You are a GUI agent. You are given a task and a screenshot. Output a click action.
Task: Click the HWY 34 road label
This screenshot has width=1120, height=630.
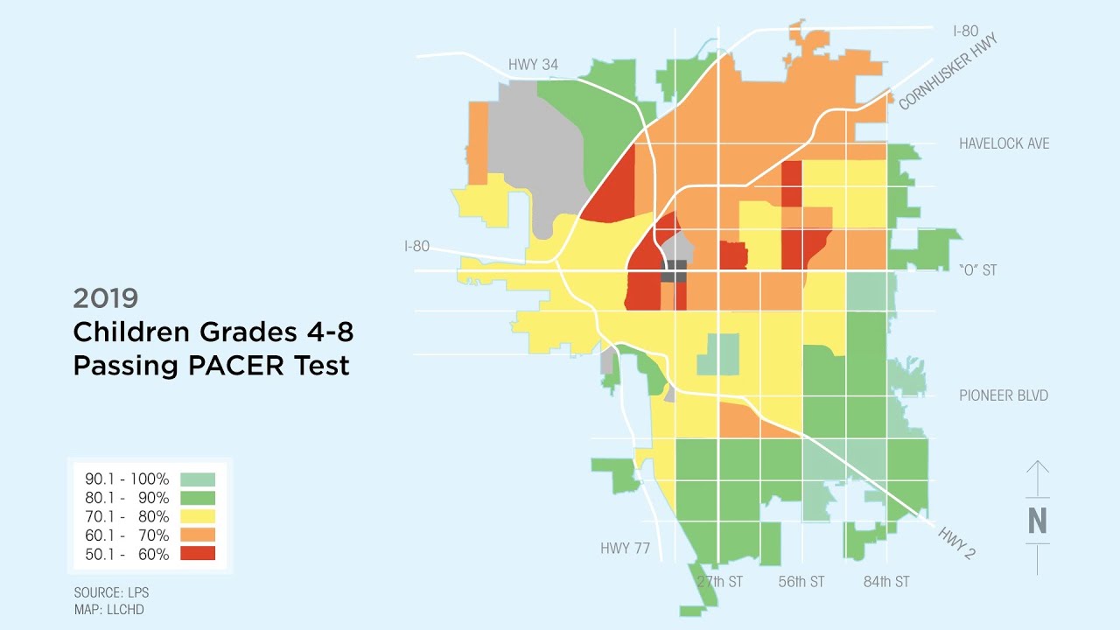pyautogui.click(x=533, y=65)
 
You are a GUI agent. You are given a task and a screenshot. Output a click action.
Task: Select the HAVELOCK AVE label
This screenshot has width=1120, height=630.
pyautogui.click(x=1004, y=143)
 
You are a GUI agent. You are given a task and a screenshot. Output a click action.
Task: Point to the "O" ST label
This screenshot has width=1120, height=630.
pyautogui.click(x=977, y=270)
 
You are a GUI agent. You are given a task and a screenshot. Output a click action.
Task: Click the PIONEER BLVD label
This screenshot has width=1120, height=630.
pyautogui.click(x=1003, y=395)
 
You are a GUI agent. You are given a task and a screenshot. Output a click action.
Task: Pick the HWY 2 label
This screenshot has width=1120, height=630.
pyautogui.click(x=957, y=542)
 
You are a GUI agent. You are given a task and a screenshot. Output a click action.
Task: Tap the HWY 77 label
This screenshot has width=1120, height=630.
pyautogui.click(x=625, y=549)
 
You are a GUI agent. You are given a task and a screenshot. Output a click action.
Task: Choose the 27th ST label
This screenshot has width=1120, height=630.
pyautogui.click(x=719, y=582)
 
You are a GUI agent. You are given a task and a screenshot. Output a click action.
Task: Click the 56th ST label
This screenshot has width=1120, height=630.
pyautogui.click(x=801, y=582)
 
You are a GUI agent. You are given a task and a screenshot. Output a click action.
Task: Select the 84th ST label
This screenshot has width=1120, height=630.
pyautogui.click(x=886, y=582)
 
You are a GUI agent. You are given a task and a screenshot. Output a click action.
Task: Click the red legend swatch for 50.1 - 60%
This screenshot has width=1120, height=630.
pyautogui.click(x=197, y=553)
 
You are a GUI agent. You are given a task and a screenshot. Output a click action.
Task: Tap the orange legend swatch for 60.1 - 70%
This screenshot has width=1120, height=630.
pyautogui.click(x=197, y=535)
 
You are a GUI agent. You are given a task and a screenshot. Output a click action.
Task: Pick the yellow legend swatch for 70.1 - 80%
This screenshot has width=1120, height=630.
pyautogui.click(x=197, y=516)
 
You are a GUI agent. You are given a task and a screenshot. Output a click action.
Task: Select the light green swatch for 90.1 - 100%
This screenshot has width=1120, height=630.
pyautogui.click(x=197, y=479)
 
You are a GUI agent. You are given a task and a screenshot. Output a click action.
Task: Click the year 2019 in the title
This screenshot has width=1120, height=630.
pyautogui.click(x=106, y=298)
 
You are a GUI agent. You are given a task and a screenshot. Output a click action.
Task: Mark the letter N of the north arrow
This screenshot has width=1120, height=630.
pyautogui.click(x=1037, y=521)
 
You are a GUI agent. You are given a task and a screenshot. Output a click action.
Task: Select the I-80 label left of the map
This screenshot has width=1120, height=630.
pyautogui.click(x=416, y=247)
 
